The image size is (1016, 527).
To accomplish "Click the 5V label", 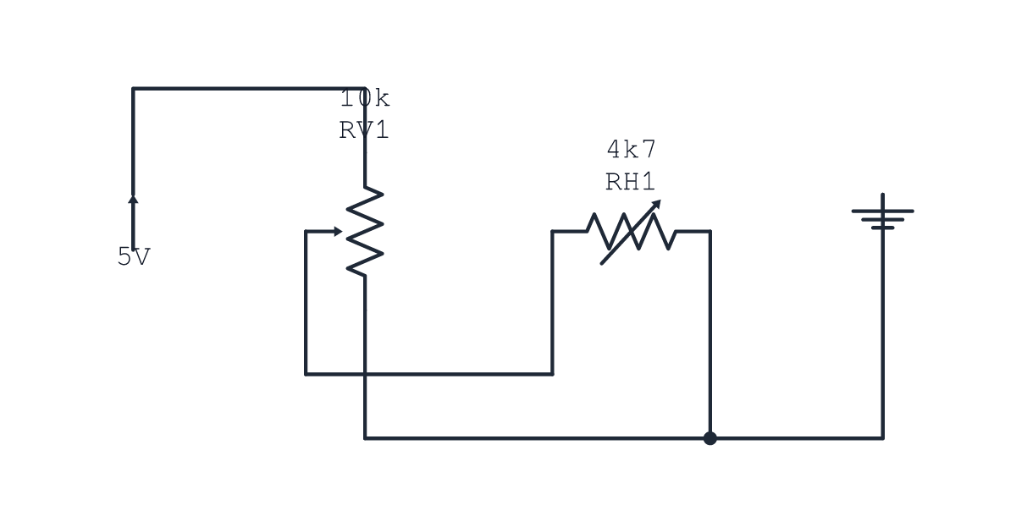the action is tap(134, 256).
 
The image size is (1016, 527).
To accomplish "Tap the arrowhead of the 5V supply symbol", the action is tap(133, 199).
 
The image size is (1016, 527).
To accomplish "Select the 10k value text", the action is tap(365, 98).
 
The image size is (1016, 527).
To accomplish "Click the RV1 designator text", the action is tap(364, 130).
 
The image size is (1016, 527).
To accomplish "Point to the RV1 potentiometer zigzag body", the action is tap(365, 231).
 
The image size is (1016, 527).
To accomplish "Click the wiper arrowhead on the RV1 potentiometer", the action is tap(338, 232).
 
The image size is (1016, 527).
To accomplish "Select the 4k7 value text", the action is tap(632, 149).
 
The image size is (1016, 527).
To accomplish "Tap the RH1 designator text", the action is tap(631, 181).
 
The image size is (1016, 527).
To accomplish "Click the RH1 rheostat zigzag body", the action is tap(632, 232).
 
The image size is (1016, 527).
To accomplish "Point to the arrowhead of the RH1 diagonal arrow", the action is tap(657, 204).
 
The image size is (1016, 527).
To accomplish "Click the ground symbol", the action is tap(882, 212).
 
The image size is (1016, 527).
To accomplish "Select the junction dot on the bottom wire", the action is tap(710, 438).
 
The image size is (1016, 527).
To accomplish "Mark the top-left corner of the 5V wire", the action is tap(133, 88).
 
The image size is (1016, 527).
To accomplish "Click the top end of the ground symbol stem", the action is tap(882, 195).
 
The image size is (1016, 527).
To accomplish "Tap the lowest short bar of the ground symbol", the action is tap(882, 228).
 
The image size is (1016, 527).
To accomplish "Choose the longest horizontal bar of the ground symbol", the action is tap(882, 211).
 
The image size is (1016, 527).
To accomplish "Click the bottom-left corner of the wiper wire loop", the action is tap(306, 374).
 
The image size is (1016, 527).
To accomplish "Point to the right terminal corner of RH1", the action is tap(710, 232).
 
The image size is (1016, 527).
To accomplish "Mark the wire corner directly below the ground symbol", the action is tap(882, 438).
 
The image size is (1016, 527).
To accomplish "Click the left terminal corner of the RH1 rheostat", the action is tap(552, 232).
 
